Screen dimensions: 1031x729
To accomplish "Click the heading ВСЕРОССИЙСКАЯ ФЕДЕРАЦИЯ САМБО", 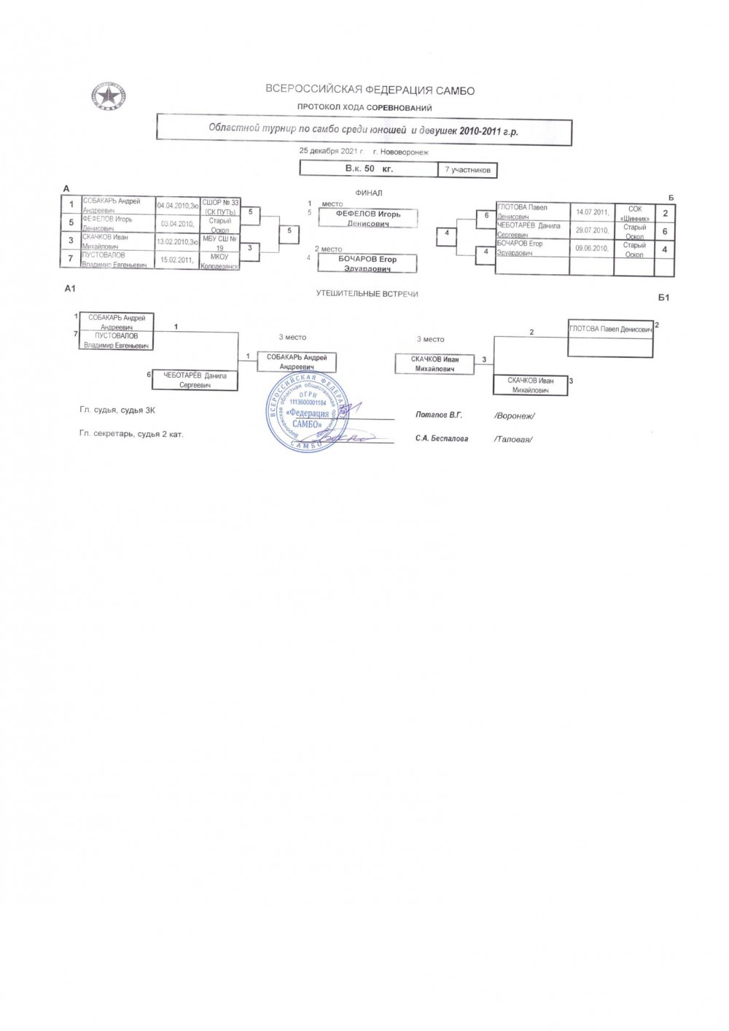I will (x=370, y=90).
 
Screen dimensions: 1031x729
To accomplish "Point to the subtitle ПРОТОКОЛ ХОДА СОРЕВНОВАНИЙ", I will (x=364, y=108).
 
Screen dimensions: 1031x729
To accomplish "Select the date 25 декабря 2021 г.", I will (x=331, y=151).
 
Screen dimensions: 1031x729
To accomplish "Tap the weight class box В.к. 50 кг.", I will (x=369, y=168).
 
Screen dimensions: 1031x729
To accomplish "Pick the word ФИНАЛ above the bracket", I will (x=368, y=193).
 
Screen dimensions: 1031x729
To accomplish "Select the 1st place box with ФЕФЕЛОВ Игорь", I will (x=368, y=218).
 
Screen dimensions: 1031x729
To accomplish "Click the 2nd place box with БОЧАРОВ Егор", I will (x=367, y=263).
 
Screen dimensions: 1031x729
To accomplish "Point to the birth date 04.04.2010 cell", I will (x=177, y=206).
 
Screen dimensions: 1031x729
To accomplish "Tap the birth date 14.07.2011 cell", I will (x=591, y=212).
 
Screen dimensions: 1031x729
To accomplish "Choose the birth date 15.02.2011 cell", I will (x=177, y=260).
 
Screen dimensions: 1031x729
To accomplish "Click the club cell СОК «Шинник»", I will (x=634, y=213).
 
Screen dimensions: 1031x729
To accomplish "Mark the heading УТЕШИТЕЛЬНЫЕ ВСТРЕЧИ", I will (x=367, y=294).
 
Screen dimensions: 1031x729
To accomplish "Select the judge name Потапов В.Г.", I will (x=439, y=415).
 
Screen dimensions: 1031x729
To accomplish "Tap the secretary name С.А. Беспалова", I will (x=442, y=438).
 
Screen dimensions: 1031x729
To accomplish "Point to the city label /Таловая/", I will (x=513, y=439).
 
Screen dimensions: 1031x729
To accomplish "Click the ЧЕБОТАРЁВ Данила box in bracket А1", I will (x=195, y=380).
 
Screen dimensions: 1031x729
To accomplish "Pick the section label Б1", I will (x=663, y=297).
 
